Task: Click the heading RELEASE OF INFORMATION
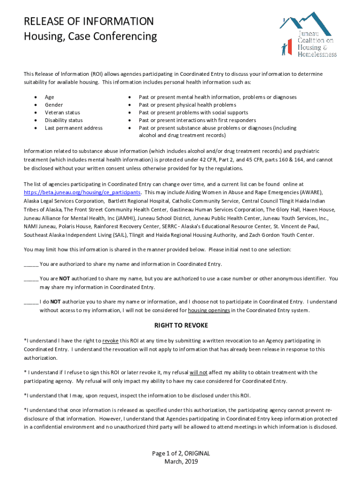click(x=88, y=22)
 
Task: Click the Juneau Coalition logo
click(x=308, y=35)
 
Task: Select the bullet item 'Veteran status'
click(x=62, y=113)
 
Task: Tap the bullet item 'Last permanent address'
click(x=73, y=128)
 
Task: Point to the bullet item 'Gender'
click(x=54, y=105)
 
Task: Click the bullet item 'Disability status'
click(x=64, y=120)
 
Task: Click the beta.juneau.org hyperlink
click(x=82, y=193)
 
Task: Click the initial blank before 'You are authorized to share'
click(x=31, y=264)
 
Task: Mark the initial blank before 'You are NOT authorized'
click(x=31, y=279)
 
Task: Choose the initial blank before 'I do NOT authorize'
click(x=31, y=302)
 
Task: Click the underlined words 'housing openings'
click(x=209, y=311)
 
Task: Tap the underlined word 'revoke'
click(x=110, y=341)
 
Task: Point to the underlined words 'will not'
click(x=198, y=373)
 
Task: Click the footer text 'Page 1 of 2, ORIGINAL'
click(x=181, y=453)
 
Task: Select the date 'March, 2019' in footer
click(x=181, y=462)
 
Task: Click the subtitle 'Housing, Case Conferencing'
click(x=90, y=36)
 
